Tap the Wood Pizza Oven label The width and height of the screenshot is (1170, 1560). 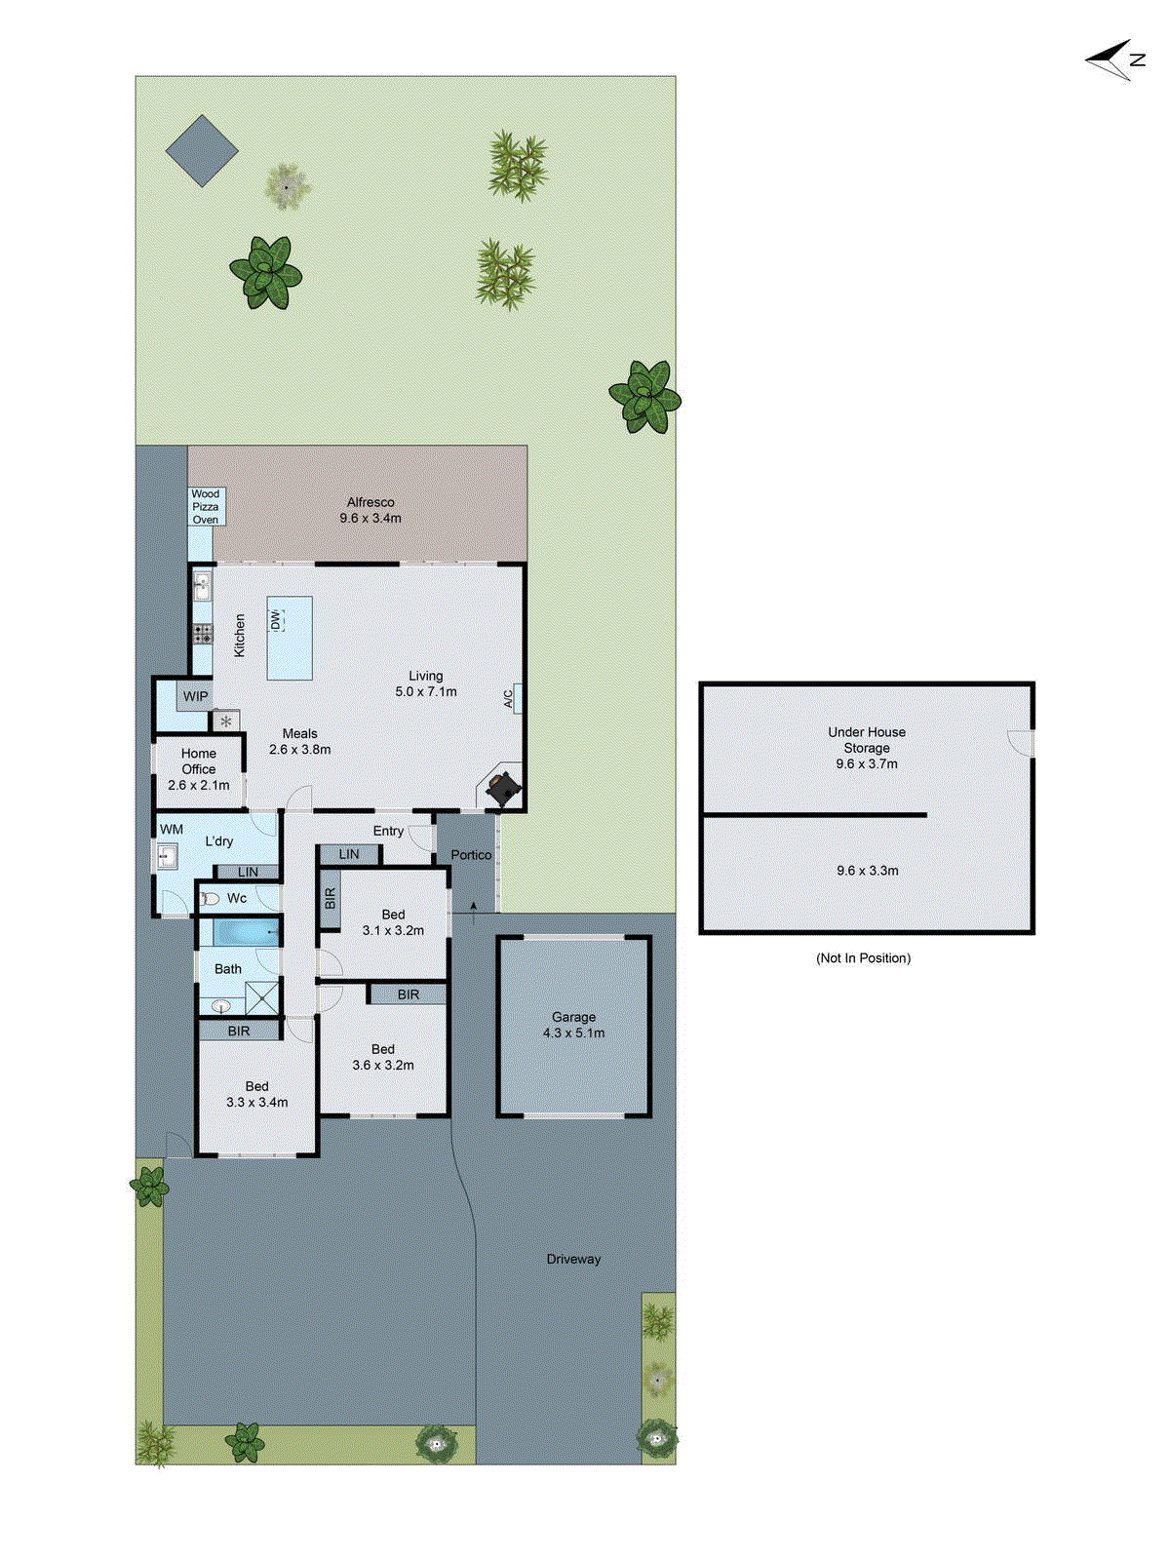pyautogui.click(x=206, y=507)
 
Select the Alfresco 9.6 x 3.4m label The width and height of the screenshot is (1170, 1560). pyautogui.click(x=370, y=510)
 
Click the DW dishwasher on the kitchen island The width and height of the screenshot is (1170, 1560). pyautogui.click(x=275, y=620)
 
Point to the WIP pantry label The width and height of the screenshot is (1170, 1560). pyautogui.click(x=196, y=696)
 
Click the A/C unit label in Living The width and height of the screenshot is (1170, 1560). pyautogui.click(x=509, y=698)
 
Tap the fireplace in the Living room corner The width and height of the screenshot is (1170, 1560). pyautogui.click(x=503, y=788)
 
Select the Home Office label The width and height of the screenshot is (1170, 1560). pyautogui.click(x=199, y=768)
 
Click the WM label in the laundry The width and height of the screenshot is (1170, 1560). pyautogui.click(x=172, y=830)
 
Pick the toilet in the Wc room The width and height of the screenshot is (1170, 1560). pyautogui.click(x=209, y=898)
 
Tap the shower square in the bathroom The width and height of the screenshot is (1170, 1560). pyautogui.click(x=262, y=997)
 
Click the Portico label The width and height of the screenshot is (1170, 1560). pyautogui.click(x=471, y=855)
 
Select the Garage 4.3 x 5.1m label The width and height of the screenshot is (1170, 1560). pyautogui.click(x=573, y=1025)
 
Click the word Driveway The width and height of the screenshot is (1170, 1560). pyautogui.click(x=573, y=1259)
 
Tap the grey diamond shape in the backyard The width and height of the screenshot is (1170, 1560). pyautogui.click(x=202, y=150)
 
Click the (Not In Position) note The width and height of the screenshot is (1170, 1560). pyautogui.click(x=863, y=958)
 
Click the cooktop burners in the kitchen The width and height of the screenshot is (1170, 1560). pyautogui.click(x=202, y=635)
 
